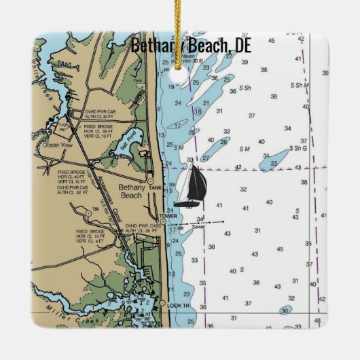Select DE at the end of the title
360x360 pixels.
(x=242, y=46)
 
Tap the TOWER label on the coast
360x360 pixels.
(x=168, y=217)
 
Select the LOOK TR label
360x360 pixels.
(x=181, y=307)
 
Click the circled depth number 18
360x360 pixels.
(x=198, y=111)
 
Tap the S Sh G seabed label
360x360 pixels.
(x=298, y=148)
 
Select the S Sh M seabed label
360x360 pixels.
(x=298, y=85)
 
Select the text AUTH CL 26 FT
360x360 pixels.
(x=141, y=232)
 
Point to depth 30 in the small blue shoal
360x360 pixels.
(x=286, y=310)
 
